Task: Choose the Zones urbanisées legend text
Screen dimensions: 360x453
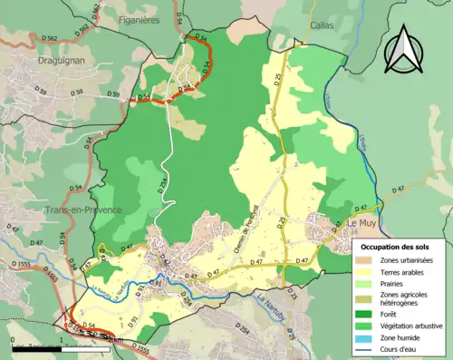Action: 408,260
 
